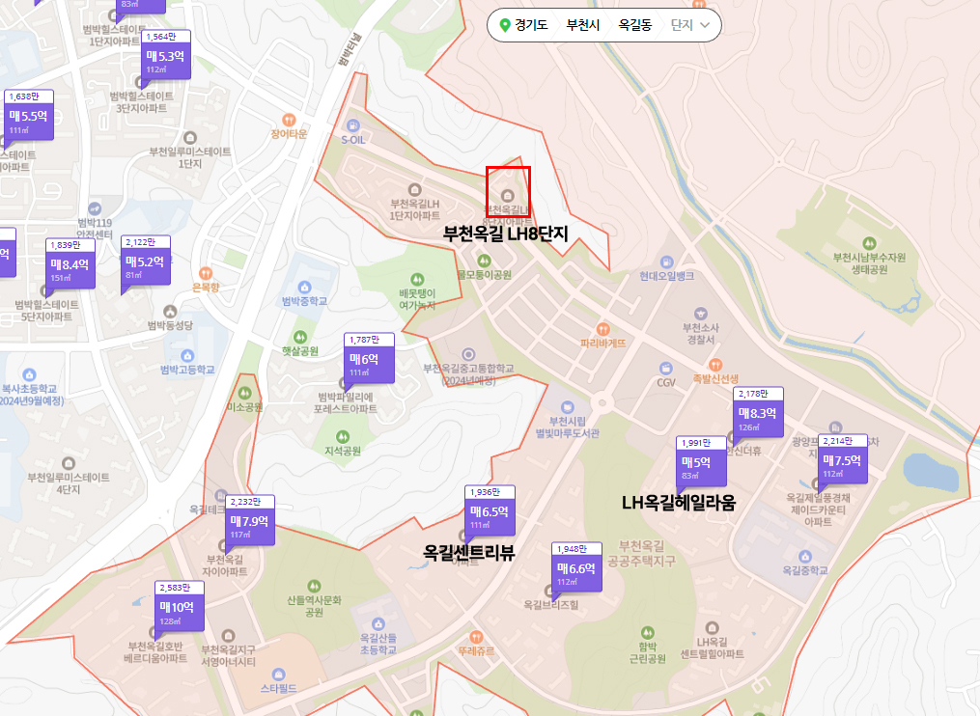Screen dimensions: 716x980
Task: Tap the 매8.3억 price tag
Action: pyautogui.click(x=759, y=413)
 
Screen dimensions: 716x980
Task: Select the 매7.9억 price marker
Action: pyautogui.click(x=250, y=521)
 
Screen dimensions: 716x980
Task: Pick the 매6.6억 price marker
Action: pyautogui.click(x=576, y=569)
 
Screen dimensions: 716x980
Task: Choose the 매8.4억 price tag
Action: pyautogui.click(x=70, y=263)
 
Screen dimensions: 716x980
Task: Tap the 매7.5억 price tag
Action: pyautogui.click(x=842, y=460)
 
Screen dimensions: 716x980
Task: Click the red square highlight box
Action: pyautogui.click(x=508, y=191)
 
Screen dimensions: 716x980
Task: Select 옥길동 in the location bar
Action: pyautogui.click(x=635, y=25)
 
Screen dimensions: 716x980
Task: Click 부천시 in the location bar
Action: pyautogui.click(x=583, y=25)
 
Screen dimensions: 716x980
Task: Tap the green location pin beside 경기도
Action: pyautogui.click(x=504, y=25)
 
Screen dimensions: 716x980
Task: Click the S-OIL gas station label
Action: pyautogui.click(x=353, y=139)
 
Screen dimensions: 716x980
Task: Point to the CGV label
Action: pyautogui.click(x=666, y=383)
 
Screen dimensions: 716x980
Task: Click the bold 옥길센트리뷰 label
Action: pyautogui.click(x=468, y=553)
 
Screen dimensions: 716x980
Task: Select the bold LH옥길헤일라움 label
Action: pyautogui.click(x=678, y=503)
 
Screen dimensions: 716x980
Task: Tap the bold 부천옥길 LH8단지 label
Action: pyautogui.click(x=504, y=233)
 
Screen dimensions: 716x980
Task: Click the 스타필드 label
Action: pyautogui.click(x=279, y=689)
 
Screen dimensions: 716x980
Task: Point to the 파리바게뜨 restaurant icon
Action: pyautogui.click(x=603, y=328)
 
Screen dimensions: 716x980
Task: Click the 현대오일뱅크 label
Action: pyautogui.click(x=666, y=275)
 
